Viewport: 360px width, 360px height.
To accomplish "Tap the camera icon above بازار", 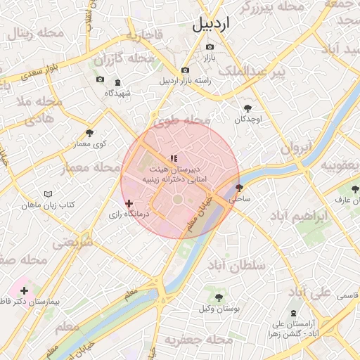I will [x=210, y=47].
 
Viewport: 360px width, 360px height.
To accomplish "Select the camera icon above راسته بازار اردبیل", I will [x=185, y=70].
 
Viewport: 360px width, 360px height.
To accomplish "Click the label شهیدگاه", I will [x=118, y=93].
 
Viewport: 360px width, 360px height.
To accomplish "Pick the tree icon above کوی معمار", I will [x=89, y=133].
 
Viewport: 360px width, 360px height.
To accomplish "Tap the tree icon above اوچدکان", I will [x=247, y=108].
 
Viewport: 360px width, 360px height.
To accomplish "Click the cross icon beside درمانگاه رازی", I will [x=129, y=203].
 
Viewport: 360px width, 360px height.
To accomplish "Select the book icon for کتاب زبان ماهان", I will [x=48, y=193].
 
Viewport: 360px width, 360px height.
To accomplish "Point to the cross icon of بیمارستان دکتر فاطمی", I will [x=25, y=290].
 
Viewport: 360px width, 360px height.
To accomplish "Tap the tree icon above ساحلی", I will [x=239, y=188].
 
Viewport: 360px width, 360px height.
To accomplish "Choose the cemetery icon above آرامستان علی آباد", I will [x=293, y=313].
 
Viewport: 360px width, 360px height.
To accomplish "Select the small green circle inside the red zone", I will [x=177, y=200].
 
